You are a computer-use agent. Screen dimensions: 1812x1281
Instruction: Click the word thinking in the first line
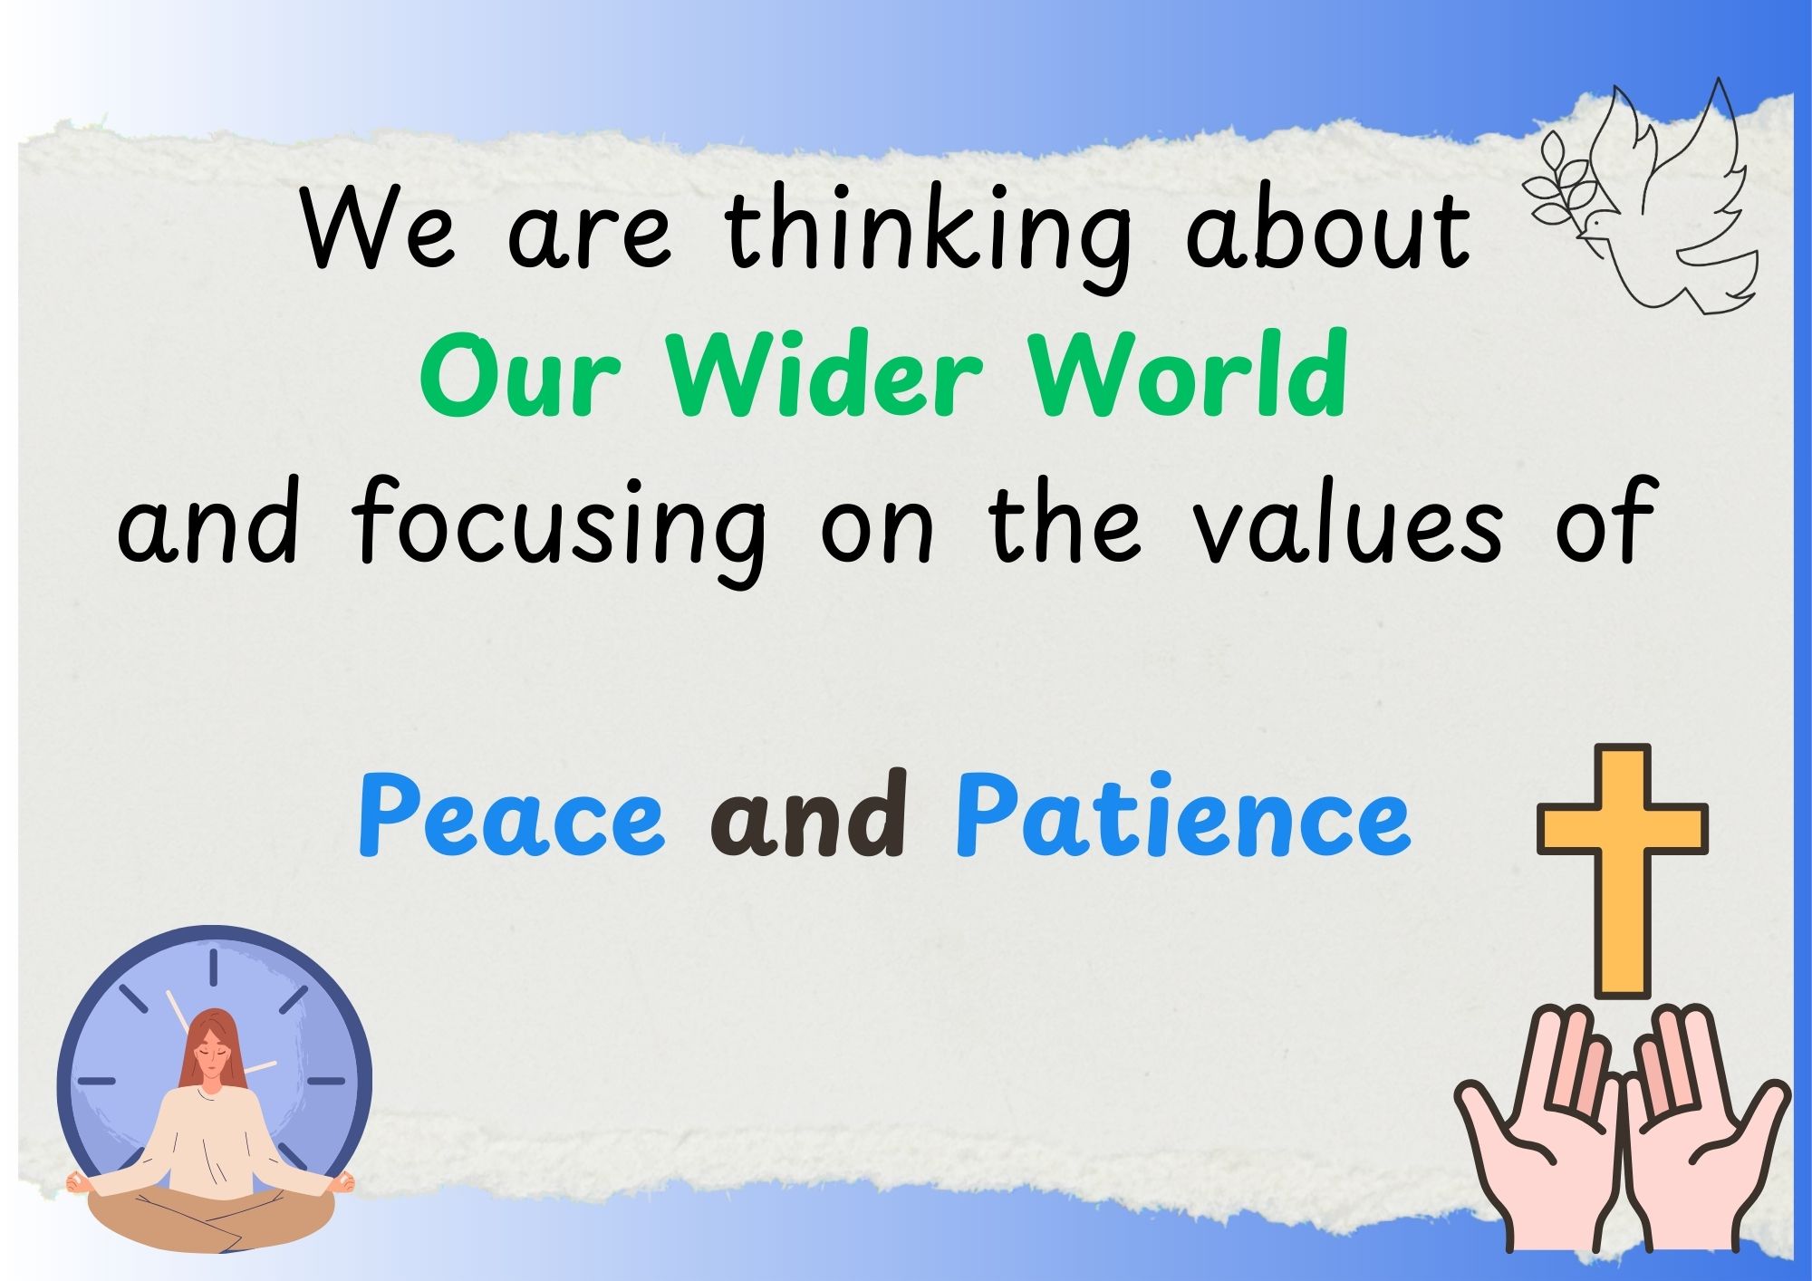[929, 233]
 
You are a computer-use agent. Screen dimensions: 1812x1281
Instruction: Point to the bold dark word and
[810, 814]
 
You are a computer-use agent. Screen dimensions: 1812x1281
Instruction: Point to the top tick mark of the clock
[214, 967]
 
